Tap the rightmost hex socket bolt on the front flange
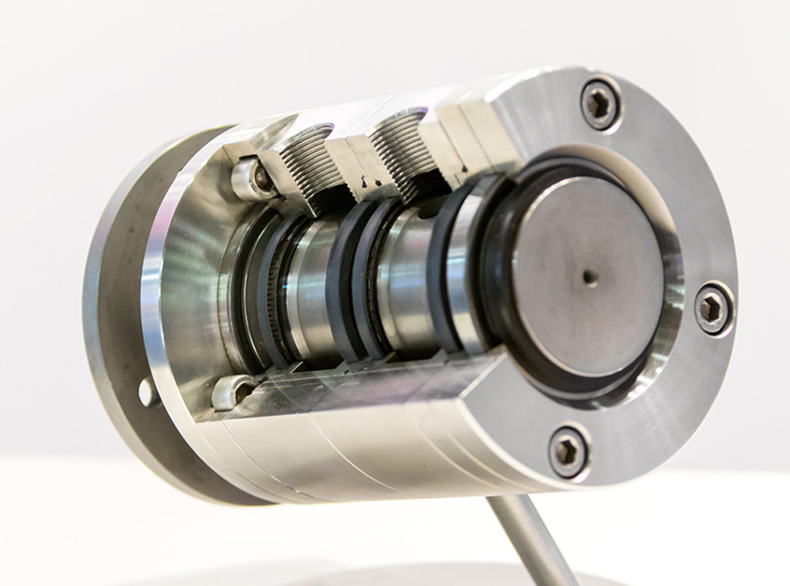[x=712, y=307]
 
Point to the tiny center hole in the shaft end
[x=589, y=275]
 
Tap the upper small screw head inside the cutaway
[x=250, y=178]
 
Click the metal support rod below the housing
[x=532, y=540]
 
